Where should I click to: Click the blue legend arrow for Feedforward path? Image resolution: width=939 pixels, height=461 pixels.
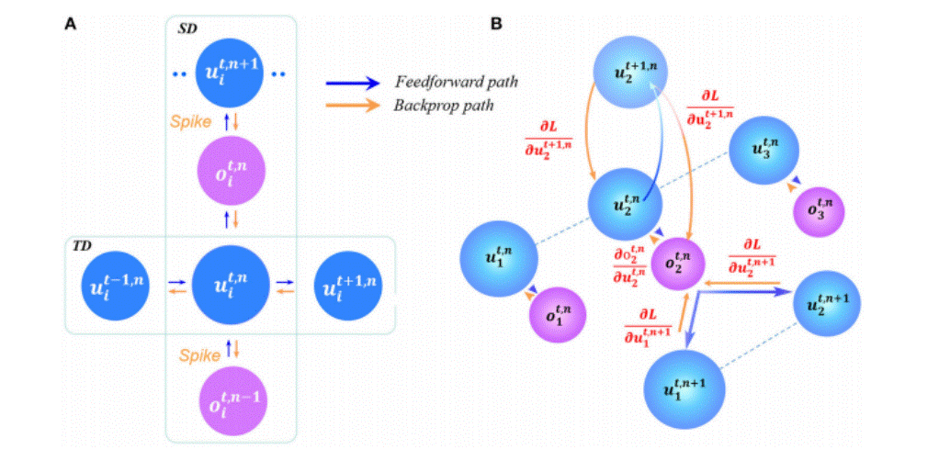pos(353,83)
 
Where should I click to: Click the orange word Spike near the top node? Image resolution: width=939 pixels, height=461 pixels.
pos(194,120)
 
